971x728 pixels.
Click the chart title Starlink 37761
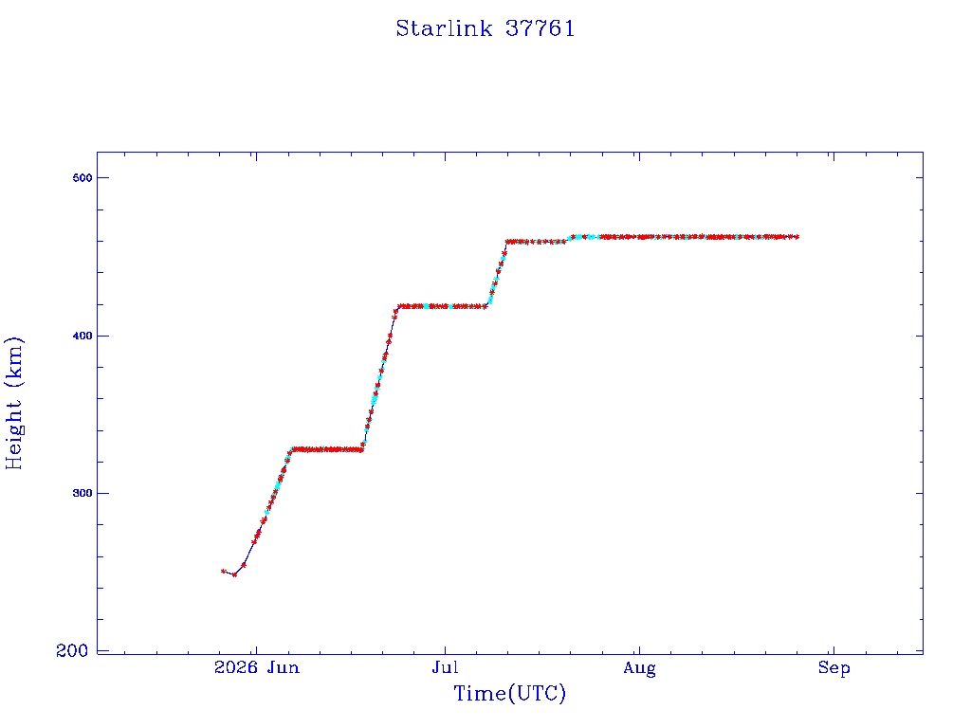click(485, 28)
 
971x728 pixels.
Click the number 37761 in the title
click(540, 28)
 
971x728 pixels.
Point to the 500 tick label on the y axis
click(82, 177)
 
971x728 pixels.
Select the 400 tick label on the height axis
click(82, 336)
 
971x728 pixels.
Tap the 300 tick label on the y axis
click(82, 493)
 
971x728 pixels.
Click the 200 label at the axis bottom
click(72, 650)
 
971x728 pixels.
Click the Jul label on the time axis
click(446, 667)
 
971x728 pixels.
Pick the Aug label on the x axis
click(640, 668)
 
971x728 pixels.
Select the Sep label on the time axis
click(834, 668)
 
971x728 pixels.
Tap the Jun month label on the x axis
click(284, 667)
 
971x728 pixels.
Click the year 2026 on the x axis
click(236, 667)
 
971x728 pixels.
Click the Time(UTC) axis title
click(509, 693)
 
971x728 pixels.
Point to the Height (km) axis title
click(13, 403)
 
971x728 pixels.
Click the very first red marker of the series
click(223, 572)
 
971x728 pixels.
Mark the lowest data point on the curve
click(234, 575)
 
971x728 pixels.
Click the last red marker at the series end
click(797, 236)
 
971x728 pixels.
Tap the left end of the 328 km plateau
click(292, 449)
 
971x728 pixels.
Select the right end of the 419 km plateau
click(485, 306)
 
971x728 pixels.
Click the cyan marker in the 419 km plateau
click(428, 306)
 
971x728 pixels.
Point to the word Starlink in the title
click(444, 28)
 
